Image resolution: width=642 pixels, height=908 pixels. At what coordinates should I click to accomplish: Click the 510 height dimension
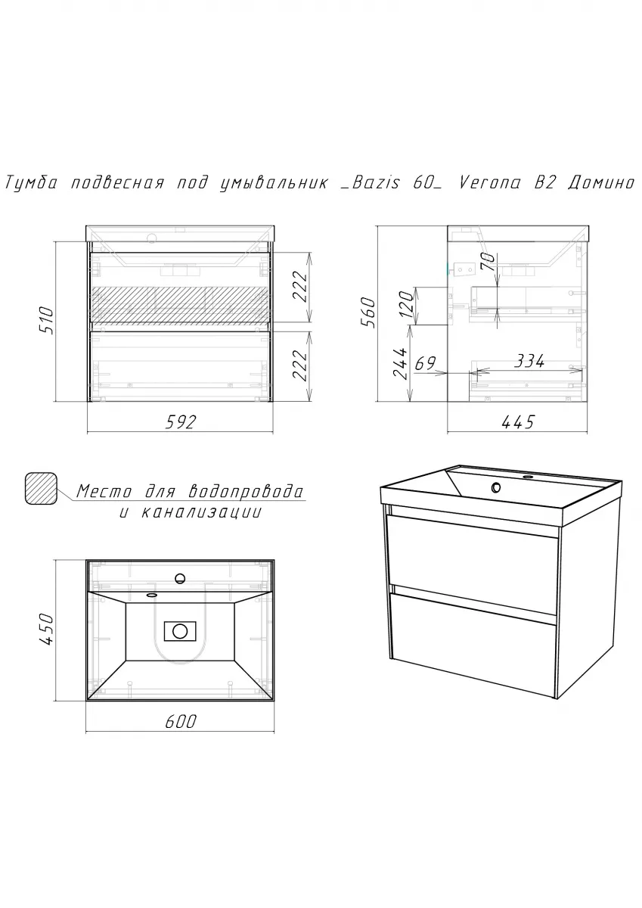(x=48, y=321)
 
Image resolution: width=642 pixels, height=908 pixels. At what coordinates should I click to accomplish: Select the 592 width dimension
(x=180, y=422)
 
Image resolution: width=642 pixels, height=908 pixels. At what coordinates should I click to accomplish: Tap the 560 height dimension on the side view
(x=368, y=313)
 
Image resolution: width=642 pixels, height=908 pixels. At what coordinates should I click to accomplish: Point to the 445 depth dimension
(x=518, y=422)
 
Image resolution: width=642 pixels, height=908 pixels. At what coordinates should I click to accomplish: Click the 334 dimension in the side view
(x=529, y=361)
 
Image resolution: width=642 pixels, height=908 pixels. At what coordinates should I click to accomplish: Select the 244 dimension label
(x=400, y=363)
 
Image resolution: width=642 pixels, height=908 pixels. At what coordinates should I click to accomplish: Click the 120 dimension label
(x=408, y=303)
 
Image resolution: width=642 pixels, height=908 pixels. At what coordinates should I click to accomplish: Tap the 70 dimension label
(x=487, y=262)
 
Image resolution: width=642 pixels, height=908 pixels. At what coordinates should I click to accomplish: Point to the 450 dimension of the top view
(x=48, y=630)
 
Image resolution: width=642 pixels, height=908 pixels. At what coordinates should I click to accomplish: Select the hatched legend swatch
(x=41, y=489)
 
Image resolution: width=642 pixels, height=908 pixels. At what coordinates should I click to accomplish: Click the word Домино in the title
(x=600, y=183)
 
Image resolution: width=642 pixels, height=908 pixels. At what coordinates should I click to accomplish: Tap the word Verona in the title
(x=489, y=183)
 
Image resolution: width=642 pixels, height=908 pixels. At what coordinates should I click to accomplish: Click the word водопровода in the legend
(x=247, y=492)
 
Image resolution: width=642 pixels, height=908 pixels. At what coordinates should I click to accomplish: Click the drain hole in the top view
(x=180, y=631)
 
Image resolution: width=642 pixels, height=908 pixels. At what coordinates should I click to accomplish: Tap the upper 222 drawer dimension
(x=300, y=286)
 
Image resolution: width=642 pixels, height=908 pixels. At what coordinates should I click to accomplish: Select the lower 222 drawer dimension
(x=300, y=365)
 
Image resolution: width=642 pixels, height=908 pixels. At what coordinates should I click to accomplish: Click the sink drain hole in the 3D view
(x=496, y=487)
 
